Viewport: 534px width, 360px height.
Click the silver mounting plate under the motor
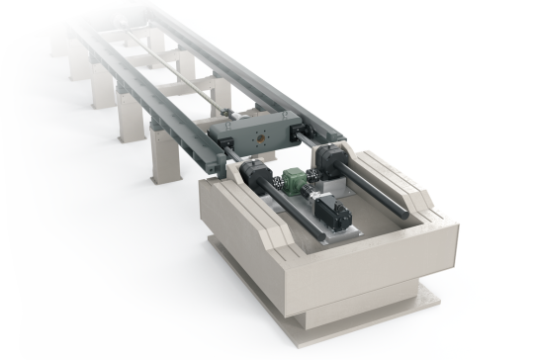coord(341,227)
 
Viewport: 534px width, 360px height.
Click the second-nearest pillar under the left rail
coord(129,123)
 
